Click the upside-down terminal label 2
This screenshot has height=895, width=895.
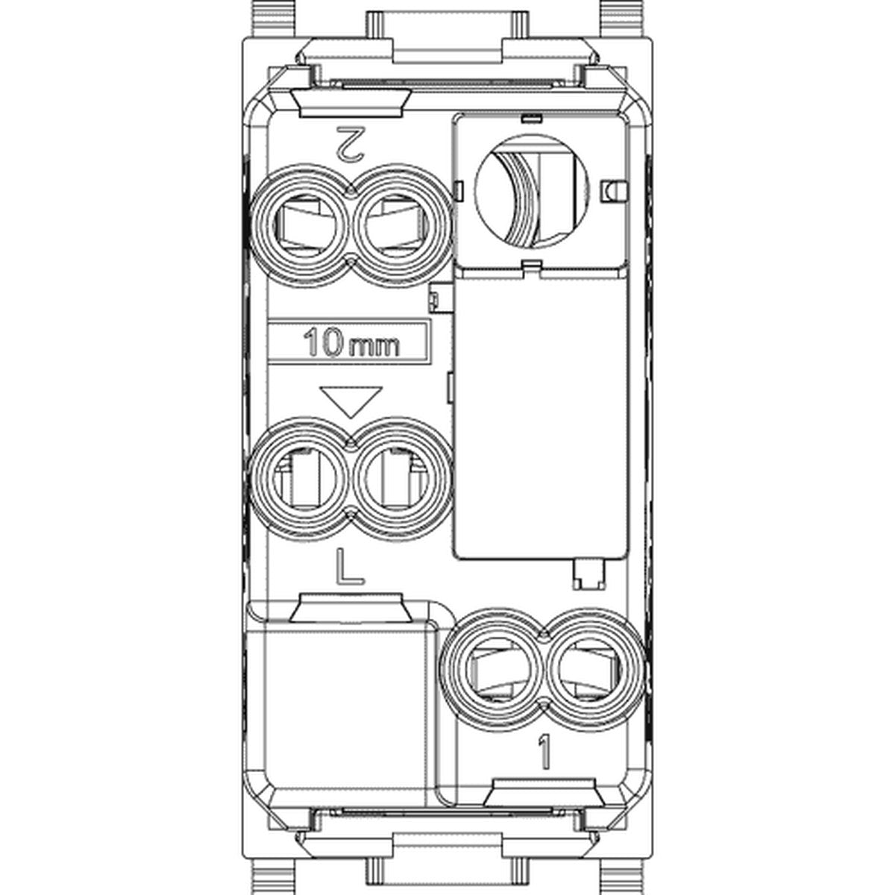coord(351,143)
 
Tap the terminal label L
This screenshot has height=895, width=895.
coord(349,566)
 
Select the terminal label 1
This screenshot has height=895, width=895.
coord(544,751)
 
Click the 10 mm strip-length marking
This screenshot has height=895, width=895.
coord(351,344)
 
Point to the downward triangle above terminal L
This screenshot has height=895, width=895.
coord(351,401)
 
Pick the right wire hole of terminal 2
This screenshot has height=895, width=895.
coord(399,225)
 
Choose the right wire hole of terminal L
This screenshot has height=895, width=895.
coord(399,479)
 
